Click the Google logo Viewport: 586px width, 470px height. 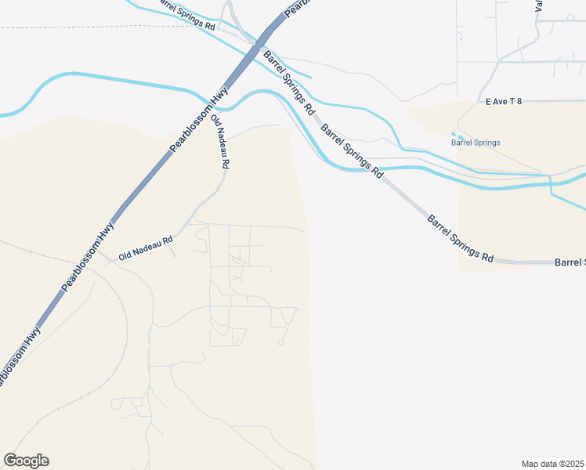coord(26,461)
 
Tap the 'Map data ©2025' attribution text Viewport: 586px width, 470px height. coord(553,464)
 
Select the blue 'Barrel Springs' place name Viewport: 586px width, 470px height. coord(476,143)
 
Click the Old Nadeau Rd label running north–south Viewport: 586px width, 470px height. coord(220,142)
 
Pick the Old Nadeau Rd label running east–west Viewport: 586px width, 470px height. coord(145,250)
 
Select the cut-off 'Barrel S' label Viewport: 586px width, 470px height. coord(570,262)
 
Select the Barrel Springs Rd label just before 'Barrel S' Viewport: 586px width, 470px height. coord(461,237)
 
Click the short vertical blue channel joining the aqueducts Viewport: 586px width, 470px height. coord(551,186)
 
